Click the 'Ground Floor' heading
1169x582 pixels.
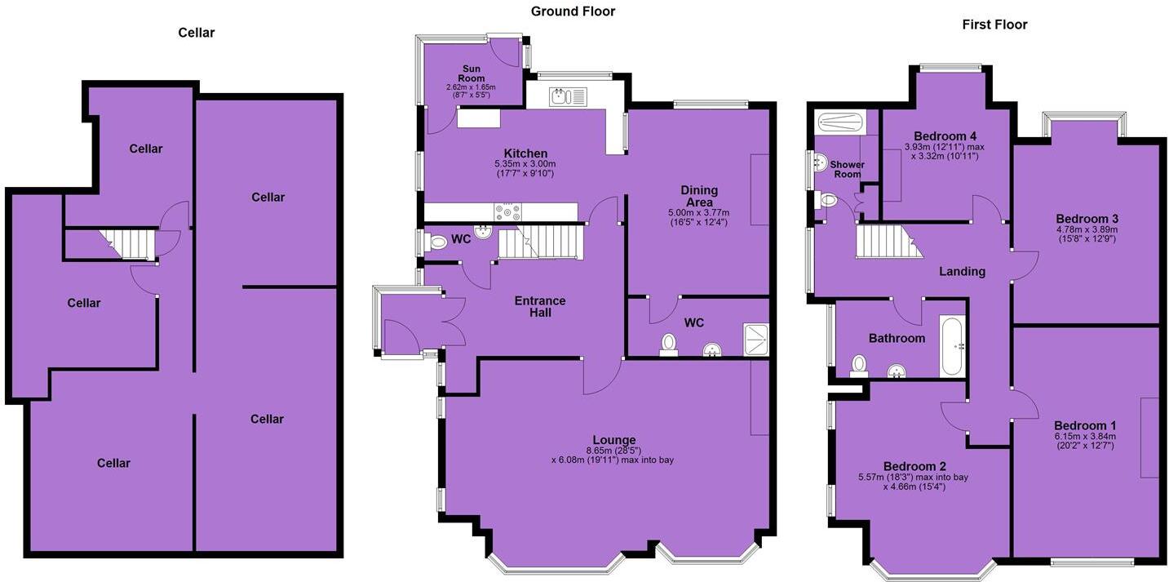pos(573,11)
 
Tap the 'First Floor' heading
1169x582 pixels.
pos(994,24)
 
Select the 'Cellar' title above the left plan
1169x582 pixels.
pos(197,33)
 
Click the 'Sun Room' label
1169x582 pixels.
pos(472,73)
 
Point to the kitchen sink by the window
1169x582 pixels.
pos(560,97)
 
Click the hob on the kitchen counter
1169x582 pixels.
pos(507,212)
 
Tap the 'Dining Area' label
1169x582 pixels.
pos(699,196)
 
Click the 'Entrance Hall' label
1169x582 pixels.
pos(540,306)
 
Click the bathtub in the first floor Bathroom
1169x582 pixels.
pos(952,345)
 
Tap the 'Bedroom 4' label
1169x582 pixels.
pos(945,136)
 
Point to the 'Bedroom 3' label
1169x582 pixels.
pos(1087,219)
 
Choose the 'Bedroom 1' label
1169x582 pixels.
pos(1085,425)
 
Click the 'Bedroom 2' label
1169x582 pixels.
pos(914,466)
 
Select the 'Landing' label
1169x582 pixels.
pos(962,271)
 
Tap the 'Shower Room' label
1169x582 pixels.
pos(847,169)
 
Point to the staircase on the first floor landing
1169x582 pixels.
pos(883,242)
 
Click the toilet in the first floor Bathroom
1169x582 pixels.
pos(859,364)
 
